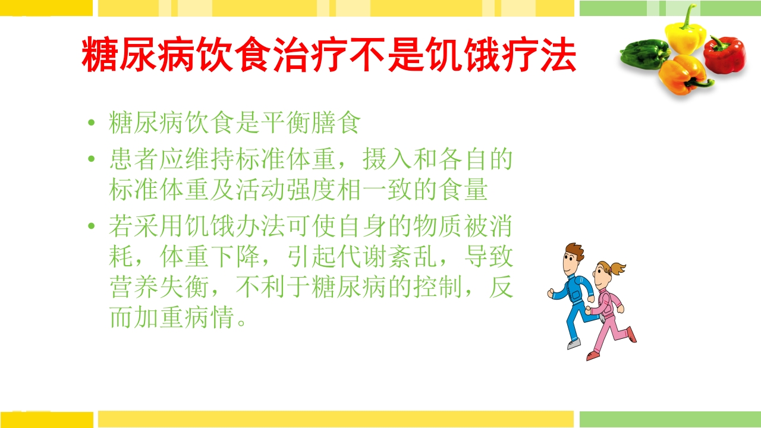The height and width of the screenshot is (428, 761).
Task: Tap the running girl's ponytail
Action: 618,268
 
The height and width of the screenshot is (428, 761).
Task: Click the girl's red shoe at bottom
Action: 593,355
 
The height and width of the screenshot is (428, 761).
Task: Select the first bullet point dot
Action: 91,124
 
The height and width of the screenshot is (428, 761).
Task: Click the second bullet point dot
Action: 91,159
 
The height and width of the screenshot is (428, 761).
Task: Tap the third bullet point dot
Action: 91,226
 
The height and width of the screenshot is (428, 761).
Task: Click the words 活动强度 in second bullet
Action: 285,190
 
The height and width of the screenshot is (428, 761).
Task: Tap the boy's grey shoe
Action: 573,344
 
